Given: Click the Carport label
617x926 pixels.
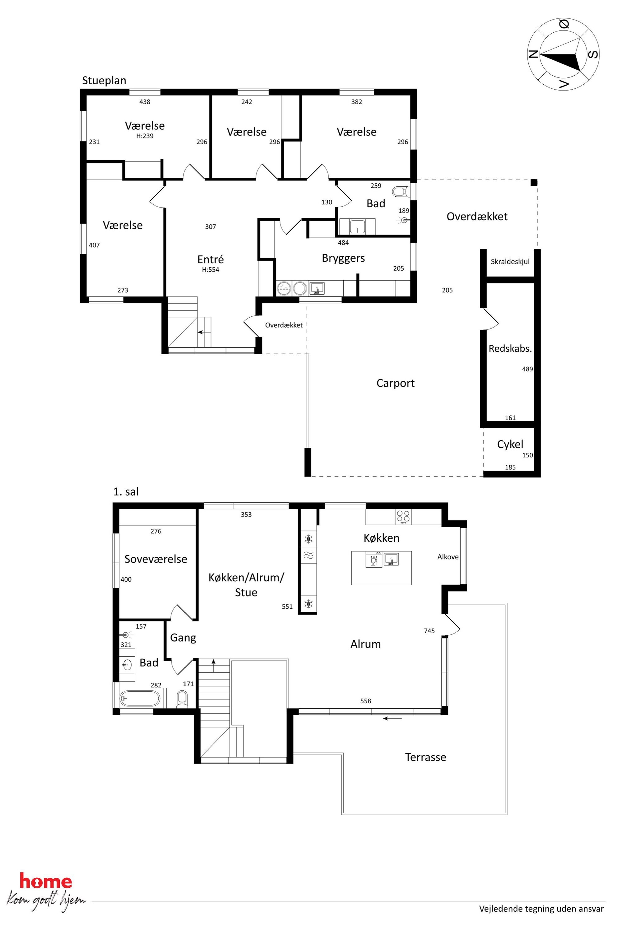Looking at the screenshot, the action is (396, 383).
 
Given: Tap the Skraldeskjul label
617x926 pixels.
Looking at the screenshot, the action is (510, 261).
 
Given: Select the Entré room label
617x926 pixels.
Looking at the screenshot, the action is (211, 259).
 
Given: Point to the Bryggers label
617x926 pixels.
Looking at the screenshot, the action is (343, 258).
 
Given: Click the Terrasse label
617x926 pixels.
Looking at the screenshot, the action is (425, 757).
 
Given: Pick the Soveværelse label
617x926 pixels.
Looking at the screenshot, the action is (156, 559).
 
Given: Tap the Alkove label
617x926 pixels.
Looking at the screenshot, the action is (448, 557).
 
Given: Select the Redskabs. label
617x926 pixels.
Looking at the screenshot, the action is (510, 348).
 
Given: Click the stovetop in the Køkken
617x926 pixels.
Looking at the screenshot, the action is (403, 517).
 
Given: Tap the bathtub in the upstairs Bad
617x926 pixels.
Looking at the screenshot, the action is (140, 699).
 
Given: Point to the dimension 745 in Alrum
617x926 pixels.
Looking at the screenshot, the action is (429, 631).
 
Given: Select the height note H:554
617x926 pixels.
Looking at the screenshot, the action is (211, 270).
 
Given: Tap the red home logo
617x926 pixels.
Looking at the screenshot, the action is (46, 882).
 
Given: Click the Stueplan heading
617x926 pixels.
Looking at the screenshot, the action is (104, 81).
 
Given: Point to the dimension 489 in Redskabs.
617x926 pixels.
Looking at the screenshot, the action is (527, 369).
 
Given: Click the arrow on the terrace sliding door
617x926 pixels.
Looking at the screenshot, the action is (393, 718).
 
